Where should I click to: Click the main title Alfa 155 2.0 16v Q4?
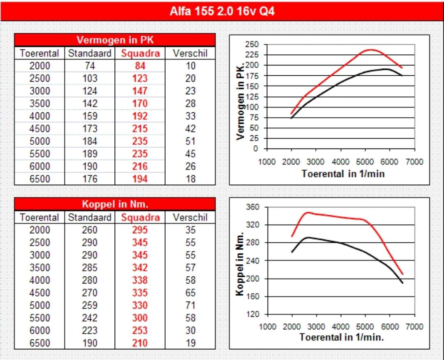[222, 11]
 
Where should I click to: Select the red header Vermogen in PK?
[115, 40]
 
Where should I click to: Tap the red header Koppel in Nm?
[115, 204]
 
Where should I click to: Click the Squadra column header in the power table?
[140, 53]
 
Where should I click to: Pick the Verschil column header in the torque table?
[190, 217]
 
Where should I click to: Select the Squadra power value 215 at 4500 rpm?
[140, 128]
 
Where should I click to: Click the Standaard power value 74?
[90, 66]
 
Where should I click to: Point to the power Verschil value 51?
[190, 141]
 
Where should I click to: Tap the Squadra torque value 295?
[140, 230]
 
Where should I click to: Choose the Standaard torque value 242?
[90, 318]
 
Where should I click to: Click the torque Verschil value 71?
[190, 305]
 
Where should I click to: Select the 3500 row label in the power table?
[39, 103]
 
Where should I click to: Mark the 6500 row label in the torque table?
[39, 343]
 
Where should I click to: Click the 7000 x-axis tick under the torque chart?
[414, 327]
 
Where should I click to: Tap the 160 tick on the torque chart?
[252, 297]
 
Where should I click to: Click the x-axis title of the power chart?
[343, 173]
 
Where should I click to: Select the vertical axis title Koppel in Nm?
[240, 264]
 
